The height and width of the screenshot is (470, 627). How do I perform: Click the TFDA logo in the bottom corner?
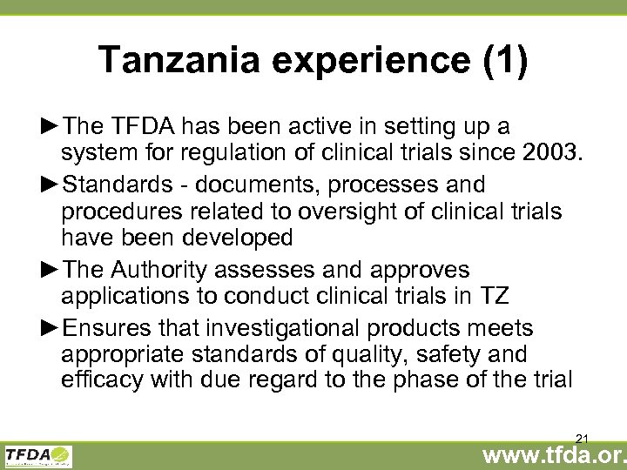click(x=38, y=455)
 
